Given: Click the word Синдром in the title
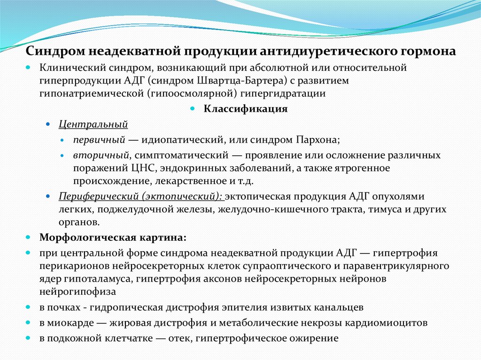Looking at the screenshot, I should pyautogui.click(x=55, y=51).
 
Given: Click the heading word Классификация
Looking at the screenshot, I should pyautogui.click(x=245, y=109).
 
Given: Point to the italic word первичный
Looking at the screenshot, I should pyautogui.click(x=98, y=139).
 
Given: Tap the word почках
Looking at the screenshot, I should pyautogui.click(x=66, y=308).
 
